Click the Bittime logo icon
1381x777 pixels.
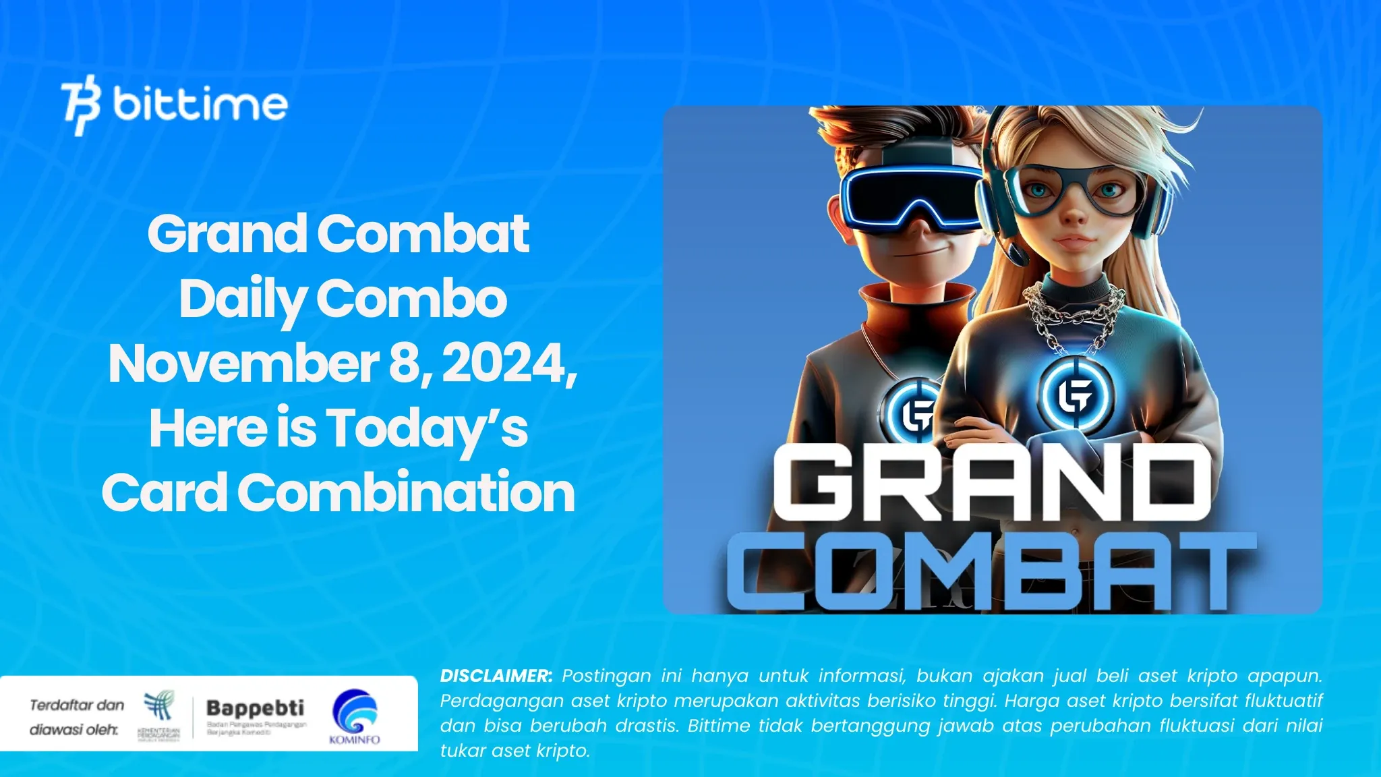pyautogui.click(x=80, y=105)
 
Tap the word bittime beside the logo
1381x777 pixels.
pyautogui.click(x=200, y=104)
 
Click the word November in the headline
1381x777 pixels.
pyautogui.click(x=243, y=364)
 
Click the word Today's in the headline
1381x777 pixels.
pyautogui.click(x=427, y=429)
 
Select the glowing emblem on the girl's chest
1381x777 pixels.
pyautogui.click(x=1076, y=395)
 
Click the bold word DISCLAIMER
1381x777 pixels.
pyautogui.click(x=496, y=676)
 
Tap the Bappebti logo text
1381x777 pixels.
pyautogui.click(x=255, y=708)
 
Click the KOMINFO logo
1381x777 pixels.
pyautogui.click(x=355, y=716)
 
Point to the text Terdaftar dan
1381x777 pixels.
pyautogui.click(x=77, y=706)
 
